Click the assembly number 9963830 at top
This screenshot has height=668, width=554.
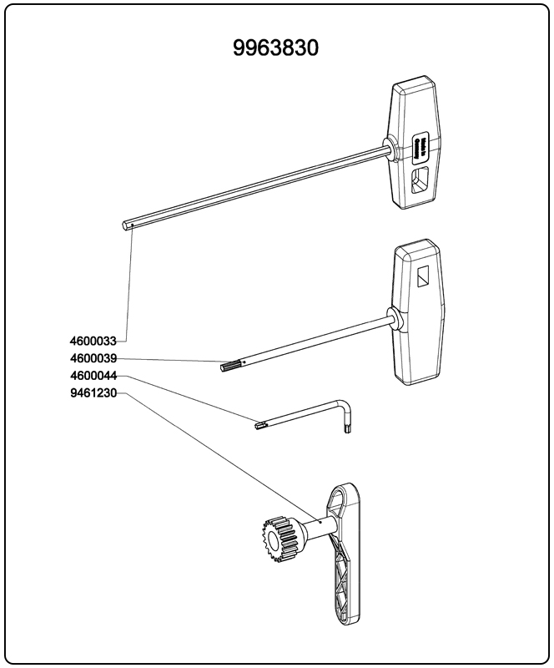pos(276,48)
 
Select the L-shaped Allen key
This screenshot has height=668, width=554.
pos(317,412)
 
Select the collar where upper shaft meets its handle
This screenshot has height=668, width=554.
pos(388,147)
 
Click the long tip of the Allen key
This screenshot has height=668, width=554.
pos(260,426)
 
